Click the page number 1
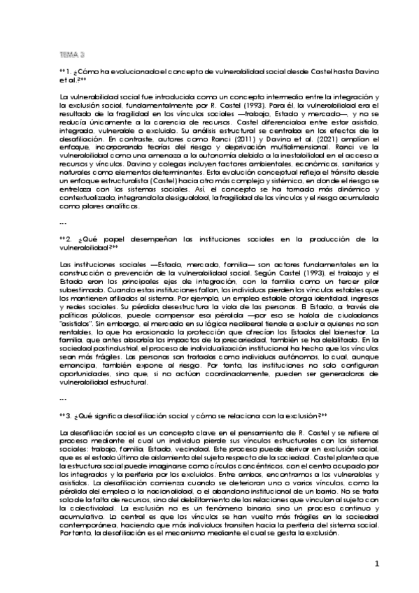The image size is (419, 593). coord(376,564)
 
